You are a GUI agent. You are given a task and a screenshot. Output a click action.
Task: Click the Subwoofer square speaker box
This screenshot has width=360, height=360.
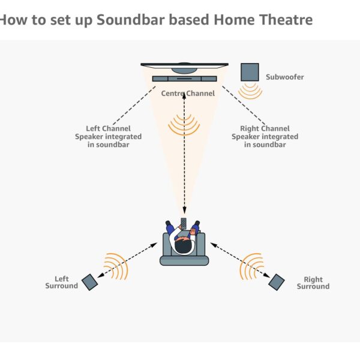[x=250, y=72]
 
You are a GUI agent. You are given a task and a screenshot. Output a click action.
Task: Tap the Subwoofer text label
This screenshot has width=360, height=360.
[x=284, y=77]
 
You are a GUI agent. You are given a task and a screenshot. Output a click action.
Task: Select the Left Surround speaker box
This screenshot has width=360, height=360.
[x=89, y=282]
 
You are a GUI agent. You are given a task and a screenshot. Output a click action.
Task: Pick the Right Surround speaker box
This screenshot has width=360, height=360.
[x=277, y=281]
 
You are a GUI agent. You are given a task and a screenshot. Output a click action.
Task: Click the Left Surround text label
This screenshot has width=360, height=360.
[x=61, y=283]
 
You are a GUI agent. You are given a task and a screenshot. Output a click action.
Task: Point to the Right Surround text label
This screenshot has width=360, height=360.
[x=313, y=283]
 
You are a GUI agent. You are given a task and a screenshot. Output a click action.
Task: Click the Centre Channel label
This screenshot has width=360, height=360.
[x=188, y=94]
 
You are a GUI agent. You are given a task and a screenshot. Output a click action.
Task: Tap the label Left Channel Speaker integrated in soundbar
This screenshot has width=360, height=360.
[x=107, y=136]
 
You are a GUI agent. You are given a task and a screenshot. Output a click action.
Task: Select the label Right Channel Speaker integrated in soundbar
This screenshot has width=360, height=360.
[x=265, y=136]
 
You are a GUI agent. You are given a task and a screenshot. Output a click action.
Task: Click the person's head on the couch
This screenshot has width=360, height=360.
[x=184, y=245]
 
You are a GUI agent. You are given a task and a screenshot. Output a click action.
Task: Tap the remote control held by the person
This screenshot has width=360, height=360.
[x=184, y=224]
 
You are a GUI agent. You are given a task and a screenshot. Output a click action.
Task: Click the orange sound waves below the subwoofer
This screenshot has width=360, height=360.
[x=250, y=91]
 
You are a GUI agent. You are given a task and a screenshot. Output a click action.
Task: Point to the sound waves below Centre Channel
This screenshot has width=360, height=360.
[x=184, y=125]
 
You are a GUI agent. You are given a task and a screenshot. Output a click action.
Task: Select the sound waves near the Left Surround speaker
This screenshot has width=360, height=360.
[x=116, y=266]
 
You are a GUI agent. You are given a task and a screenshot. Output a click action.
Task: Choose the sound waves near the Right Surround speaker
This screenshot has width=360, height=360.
[x=251, y=266]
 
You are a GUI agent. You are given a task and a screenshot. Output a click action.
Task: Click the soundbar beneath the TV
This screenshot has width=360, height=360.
[x=184, y=79]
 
